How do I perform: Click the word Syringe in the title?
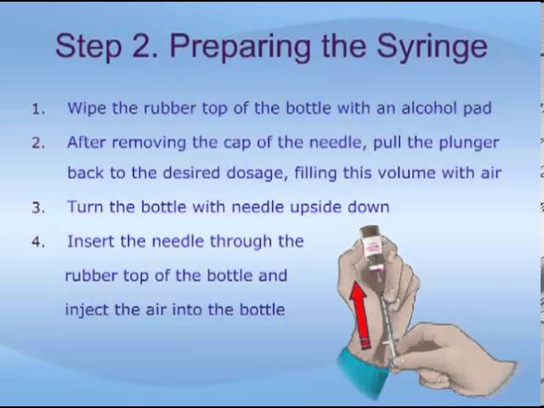click(x=432, y=48)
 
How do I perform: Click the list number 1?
click(x=38, y=110)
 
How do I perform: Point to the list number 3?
click(x=38, y=207)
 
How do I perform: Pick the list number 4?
click(x=38, y=242)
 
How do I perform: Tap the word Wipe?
click(x=87, y=109)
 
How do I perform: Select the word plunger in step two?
click(x=469, y=144)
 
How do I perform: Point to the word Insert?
click(x=91, y=241)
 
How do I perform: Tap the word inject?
click(x=87, y=310)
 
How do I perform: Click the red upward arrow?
click(x=359, y=315)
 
